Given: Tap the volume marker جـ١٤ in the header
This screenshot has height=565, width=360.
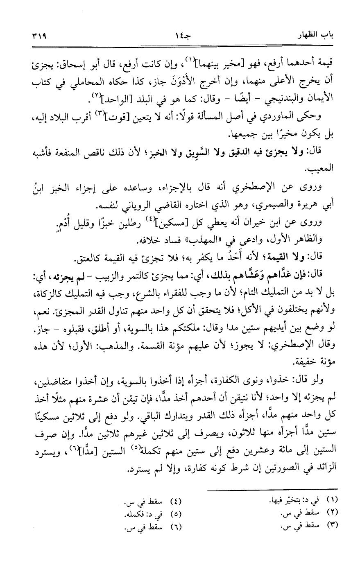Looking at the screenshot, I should [179, 36].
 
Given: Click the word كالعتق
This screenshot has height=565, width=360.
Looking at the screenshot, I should [86, 258].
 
